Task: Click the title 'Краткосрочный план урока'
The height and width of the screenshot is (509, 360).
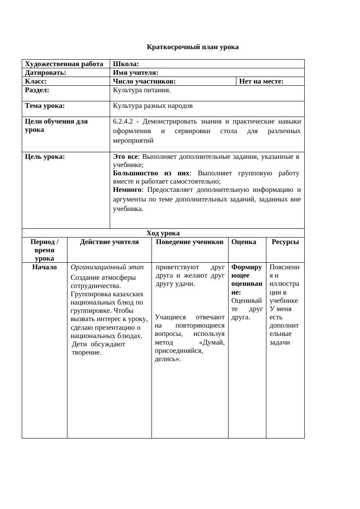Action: pos(192,47)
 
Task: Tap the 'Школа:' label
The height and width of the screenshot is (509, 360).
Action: pos(126,64)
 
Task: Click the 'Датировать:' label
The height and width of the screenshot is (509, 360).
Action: pos(45,73)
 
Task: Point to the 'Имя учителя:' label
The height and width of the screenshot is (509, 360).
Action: pos(135,73)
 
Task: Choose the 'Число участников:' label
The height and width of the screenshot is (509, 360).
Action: pos(144,81)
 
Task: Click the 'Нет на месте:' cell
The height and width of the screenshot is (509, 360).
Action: pos(261,81)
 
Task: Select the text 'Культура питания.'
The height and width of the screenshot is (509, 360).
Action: pos(142,90)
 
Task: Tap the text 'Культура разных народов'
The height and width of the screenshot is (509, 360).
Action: pos(153,106)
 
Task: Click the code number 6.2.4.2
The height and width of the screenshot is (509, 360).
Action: pos(122,121)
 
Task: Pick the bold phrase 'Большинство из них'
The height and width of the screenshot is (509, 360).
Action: pos(151,173)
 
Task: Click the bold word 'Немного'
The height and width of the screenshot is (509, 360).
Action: pos(127,190)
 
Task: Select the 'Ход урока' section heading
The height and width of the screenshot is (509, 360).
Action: pos(163,233)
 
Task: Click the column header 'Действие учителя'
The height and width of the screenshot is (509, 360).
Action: pos(109,242)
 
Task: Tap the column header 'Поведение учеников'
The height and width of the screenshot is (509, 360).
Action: pos(190,242)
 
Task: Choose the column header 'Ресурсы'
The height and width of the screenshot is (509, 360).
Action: pos(285,242)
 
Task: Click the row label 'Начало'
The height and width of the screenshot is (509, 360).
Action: pos(44,267)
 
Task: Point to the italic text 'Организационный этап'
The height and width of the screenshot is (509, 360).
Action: pos(107,267)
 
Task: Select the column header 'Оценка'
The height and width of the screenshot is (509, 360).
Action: pos(244,242)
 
